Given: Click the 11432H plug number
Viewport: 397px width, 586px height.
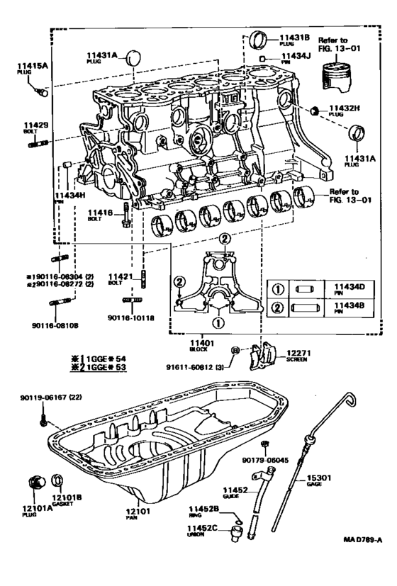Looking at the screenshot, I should pos(344,108).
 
